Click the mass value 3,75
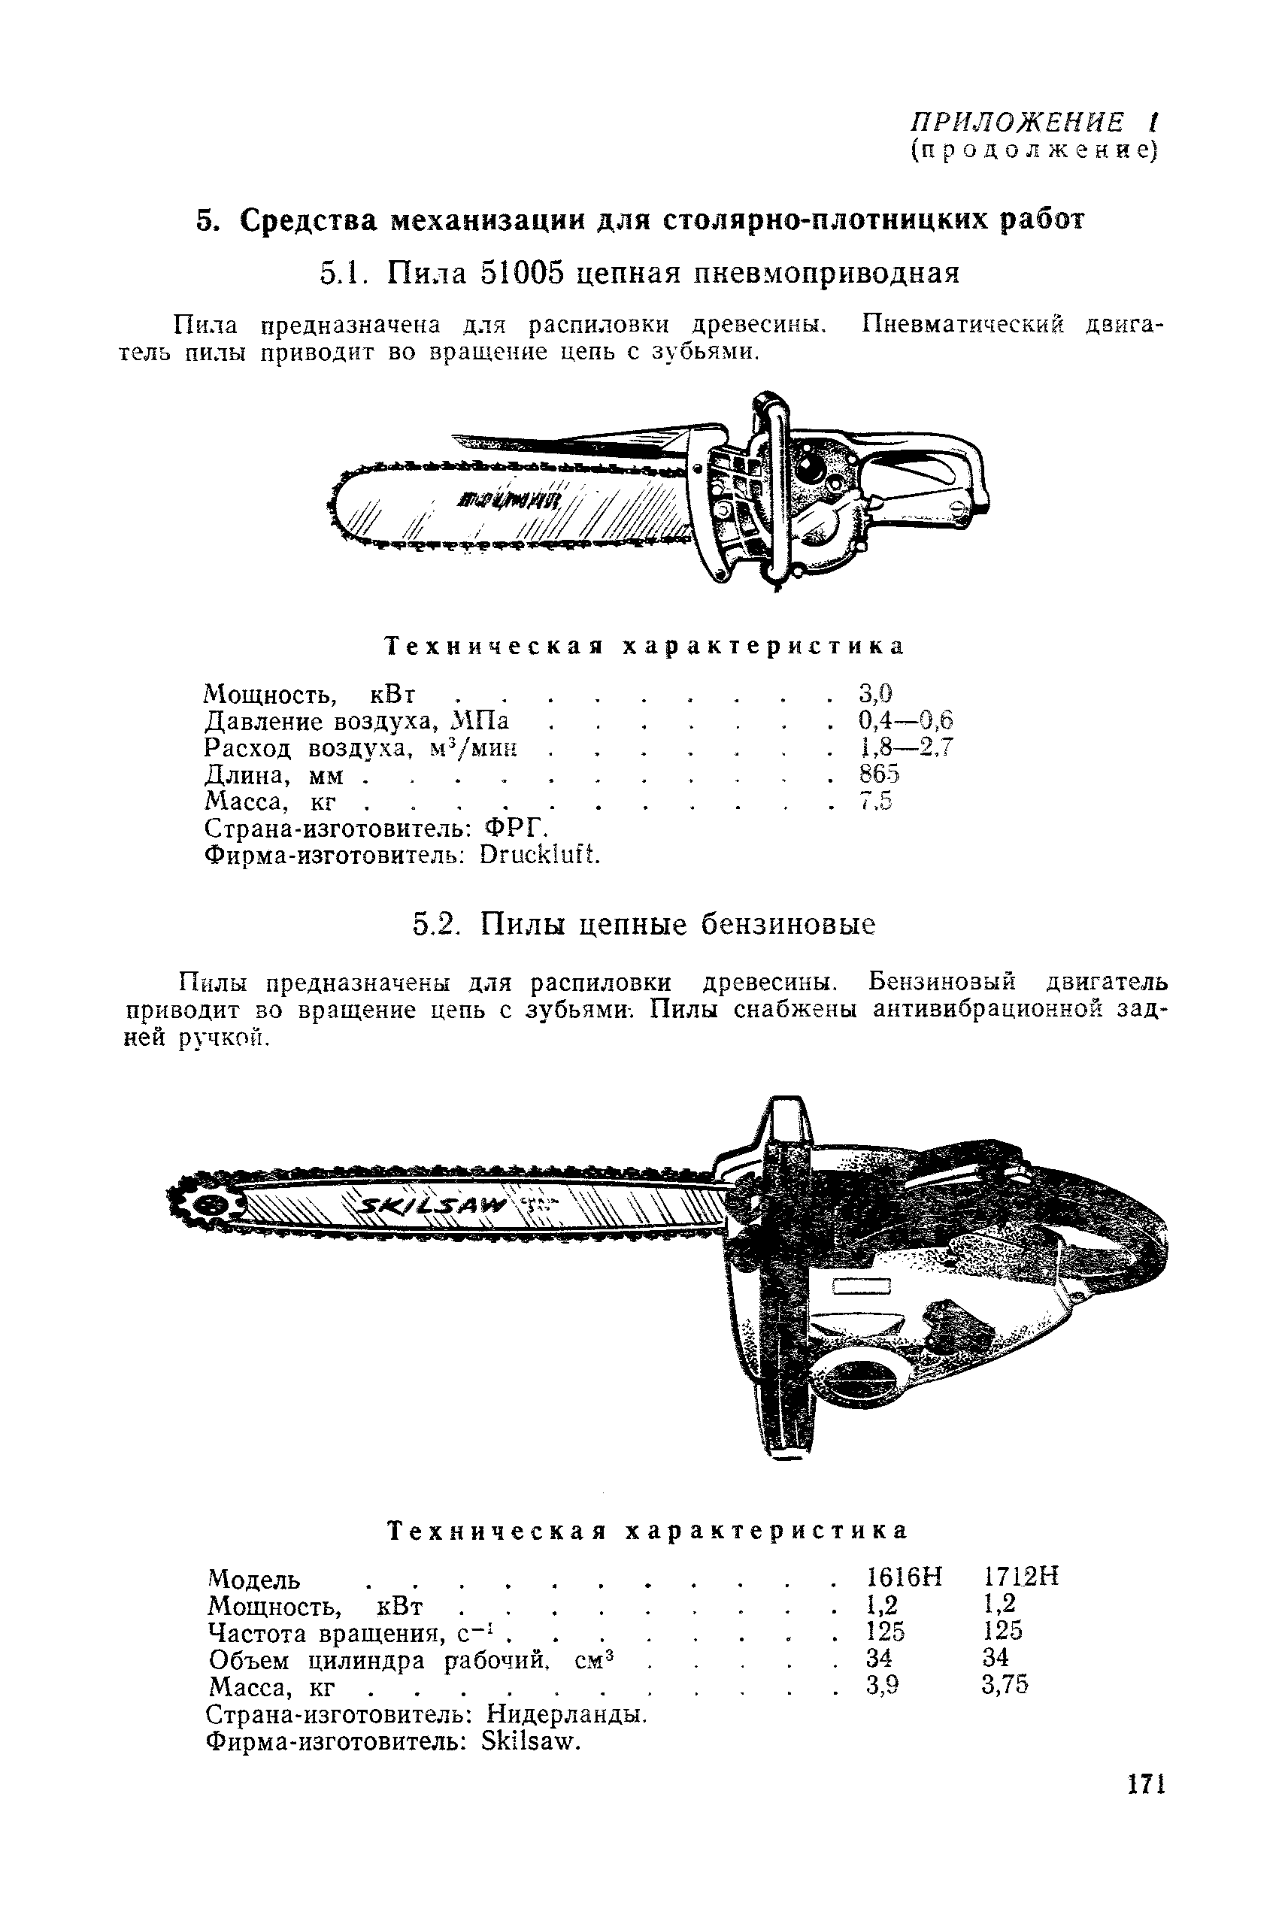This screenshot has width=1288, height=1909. point(1005,1685)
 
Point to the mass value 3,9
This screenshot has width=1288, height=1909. point(883,1685)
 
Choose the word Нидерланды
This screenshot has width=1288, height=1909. point(567,1714)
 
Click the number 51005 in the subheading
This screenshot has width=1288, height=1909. point(523,273)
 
